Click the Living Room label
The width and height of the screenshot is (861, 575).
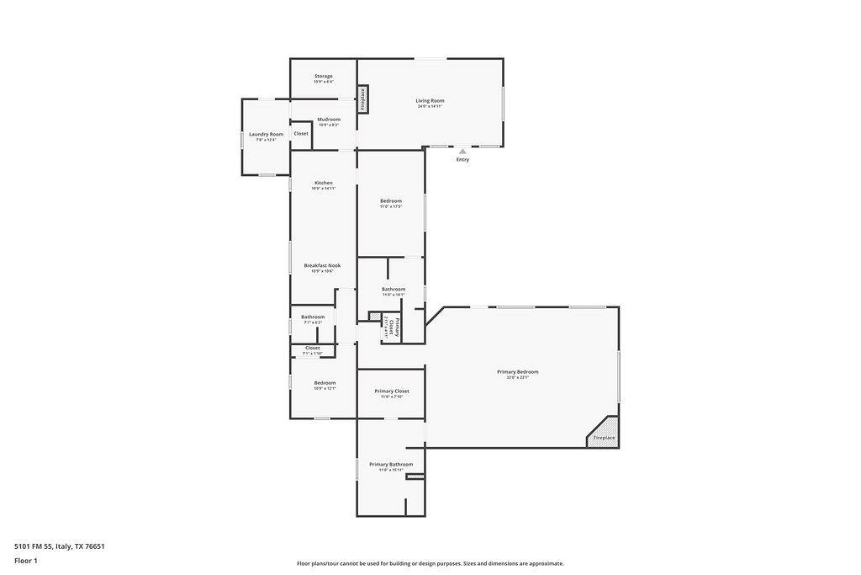[429, 101]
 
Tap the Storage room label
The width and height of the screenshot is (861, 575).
[324, 77]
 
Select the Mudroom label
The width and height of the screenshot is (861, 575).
[329, 120]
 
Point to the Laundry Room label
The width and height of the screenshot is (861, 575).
[266, 135]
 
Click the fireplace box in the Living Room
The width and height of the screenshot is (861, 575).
[363, 99]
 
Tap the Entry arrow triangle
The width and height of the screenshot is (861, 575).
[462, 152]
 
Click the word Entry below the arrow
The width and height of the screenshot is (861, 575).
[462, 160]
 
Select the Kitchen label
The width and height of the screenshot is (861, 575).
[324, 184]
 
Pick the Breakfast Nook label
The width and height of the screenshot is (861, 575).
[322, 266]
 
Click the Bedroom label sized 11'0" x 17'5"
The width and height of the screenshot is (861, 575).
[391, 201]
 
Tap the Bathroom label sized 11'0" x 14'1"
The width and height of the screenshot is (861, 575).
[394, 290]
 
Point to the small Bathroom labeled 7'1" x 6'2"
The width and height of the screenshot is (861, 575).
[313, 317]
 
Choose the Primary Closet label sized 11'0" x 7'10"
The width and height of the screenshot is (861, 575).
[392, 391]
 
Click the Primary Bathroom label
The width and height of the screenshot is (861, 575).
[391, 465]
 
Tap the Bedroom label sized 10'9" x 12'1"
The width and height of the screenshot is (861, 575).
[325, 383]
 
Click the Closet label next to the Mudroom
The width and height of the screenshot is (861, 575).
[301, 134]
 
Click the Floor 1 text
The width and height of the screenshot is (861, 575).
[27, 561]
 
